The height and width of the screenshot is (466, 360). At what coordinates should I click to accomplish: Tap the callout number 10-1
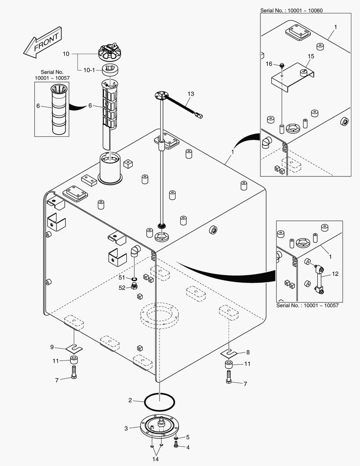click(90, 69)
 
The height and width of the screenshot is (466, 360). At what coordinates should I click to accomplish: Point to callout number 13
click(191, 94)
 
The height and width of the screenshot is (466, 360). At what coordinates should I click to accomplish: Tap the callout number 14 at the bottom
click(155, 459)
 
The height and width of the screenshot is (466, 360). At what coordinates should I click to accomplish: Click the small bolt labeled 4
click(176, 446)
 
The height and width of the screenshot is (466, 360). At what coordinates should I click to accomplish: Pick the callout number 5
click(188, 438)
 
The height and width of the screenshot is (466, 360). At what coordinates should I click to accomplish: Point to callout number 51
click(122, 277)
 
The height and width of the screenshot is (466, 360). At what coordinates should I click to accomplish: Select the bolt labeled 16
click(282, 65)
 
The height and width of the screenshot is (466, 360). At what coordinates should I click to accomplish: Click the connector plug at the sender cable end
click(199, 115)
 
